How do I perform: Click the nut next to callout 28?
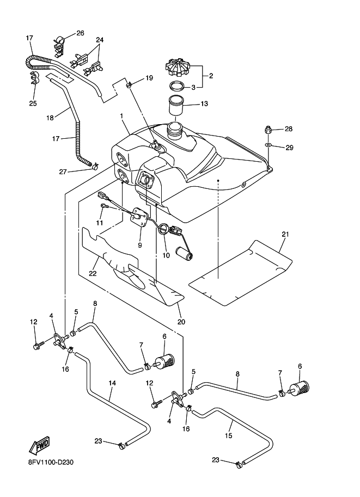click(x=268, y=130)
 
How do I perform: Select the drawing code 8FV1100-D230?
click(x=51, y=463)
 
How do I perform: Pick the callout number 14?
click(x=112, y=383)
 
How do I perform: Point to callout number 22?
click(x=93, y=273)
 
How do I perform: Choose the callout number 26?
click(x=80, y=33)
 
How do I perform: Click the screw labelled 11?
click(x=104, y=206)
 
